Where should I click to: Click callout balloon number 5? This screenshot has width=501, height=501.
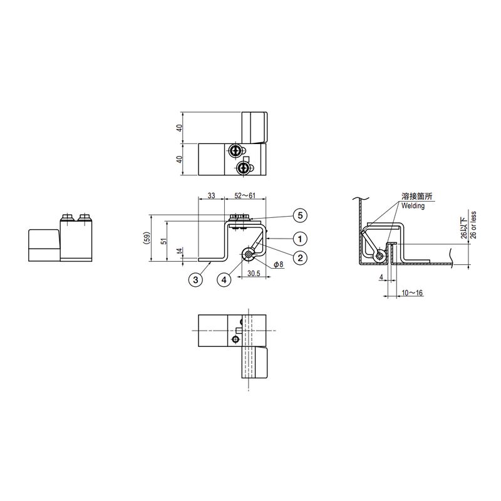coord(300,215)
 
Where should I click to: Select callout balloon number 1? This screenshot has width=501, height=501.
coord(300,239)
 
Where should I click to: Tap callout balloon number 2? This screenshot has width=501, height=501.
coord(300,257)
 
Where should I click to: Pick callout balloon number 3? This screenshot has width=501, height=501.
coord(195,280)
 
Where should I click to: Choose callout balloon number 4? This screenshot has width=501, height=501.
coord(224,280)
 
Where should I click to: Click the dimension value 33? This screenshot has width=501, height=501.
coord(211,195)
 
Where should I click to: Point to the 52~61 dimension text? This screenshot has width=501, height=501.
coord(245,195)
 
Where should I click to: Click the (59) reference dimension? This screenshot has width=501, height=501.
coord(146,238)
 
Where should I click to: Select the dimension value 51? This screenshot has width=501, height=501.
coord(164,240)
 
